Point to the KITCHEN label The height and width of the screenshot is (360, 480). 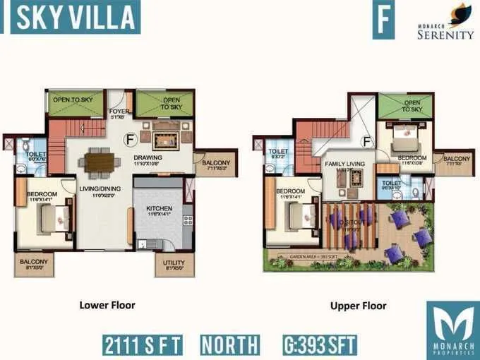point(159,209)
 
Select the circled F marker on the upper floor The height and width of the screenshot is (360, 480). point(366,141)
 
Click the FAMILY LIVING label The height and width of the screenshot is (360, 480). point(344,164)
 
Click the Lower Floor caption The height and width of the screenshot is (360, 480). point(107,306)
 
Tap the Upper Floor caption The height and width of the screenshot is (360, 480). point(358,306)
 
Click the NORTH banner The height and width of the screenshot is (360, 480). point(230,345)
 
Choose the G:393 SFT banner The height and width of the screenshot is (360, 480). point(319,345)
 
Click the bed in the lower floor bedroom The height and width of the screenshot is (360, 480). point(56,217)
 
